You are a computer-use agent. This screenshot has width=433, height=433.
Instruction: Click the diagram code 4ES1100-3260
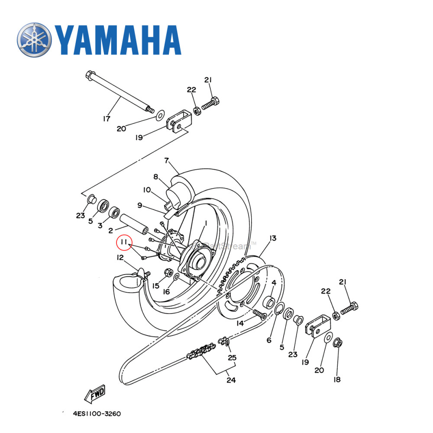click(x=97, y=414)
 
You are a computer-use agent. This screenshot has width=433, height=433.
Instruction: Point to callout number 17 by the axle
click(x=106, y=118)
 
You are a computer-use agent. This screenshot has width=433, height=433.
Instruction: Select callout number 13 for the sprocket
click(x=272, y=238)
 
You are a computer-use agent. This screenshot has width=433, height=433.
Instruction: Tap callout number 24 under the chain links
click(x=231, y=380)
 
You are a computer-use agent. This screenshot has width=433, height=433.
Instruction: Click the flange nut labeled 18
click(x=339, y=343)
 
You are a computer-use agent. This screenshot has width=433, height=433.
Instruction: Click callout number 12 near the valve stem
click(x=120, y=258)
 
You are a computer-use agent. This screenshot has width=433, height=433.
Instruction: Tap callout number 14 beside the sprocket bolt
click(x=240, y=323)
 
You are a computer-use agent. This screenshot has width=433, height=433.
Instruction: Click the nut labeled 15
click(x=169, y=273)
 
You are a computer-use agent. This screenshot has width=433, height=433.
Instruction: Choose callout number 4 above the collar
click(x=274, y=283)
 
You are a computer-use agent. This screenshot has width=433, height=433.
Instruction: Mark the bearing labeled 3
click(x=115, y=213)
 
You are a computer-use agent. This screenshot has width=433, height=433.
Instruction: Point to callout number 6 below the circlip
click(x=269, y=340)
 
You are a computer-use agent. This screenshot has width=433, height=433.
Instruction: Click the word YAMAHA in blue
click(x=117, y=40)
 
